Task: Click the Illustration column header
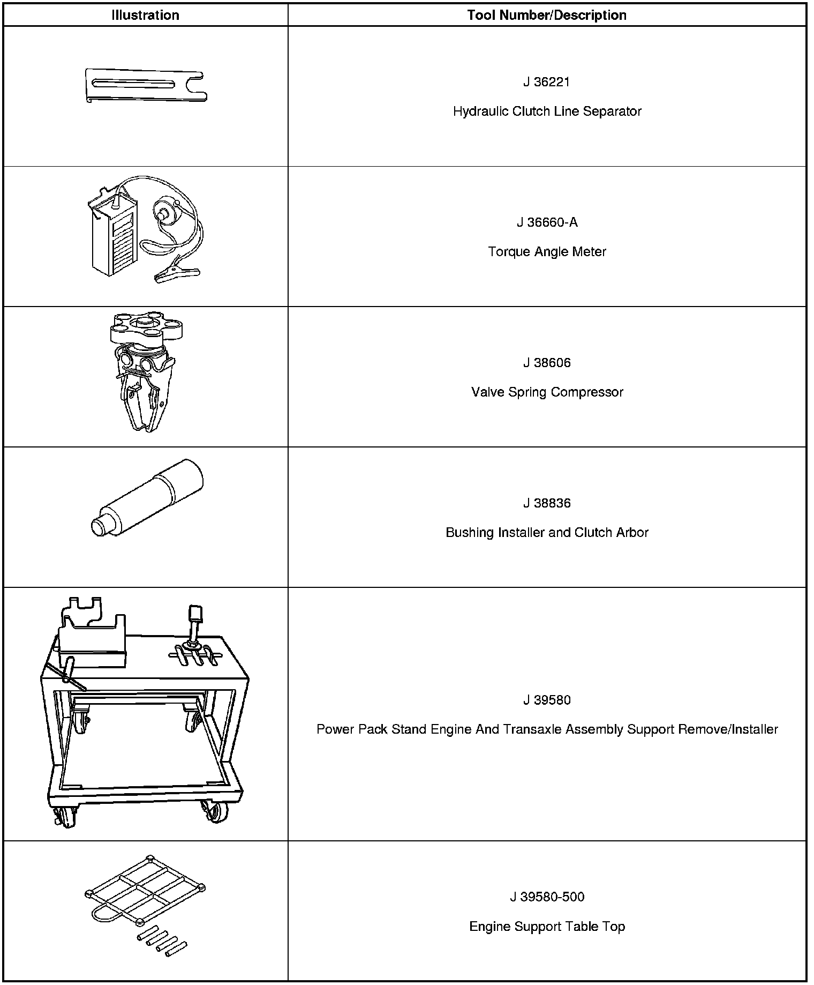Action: click(x=145, y=15)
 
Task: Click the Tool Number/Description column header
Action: click(x=547, y=15)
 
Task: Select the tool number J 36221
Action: click(x=547, y=82)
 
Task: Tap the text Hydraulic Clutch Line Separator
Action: click(x=547, y=111)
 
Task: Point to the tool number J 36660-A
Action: click(x=547, y=222)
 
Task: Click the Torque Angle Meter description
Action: click(x=547, y=252)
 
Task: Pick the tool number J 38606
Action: click(x=547, y=363)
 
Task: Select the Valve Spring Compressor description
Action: click(x=547, y=392)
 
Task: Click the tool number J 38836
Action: click(x=547, y=503)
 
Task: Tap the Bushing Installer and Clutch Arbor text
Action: click(x=547, y=533)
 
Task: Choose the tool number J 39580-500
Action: click(x=547, y=897)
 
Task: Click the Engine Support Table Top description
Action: click(x=547, y=927)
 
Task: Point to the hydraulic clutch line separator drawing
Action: click(x=146, y=86)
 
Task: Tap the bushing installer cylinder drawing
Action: click(x=147, y=498)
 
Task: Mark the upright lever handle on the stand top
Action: click(x=194, y=622)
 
